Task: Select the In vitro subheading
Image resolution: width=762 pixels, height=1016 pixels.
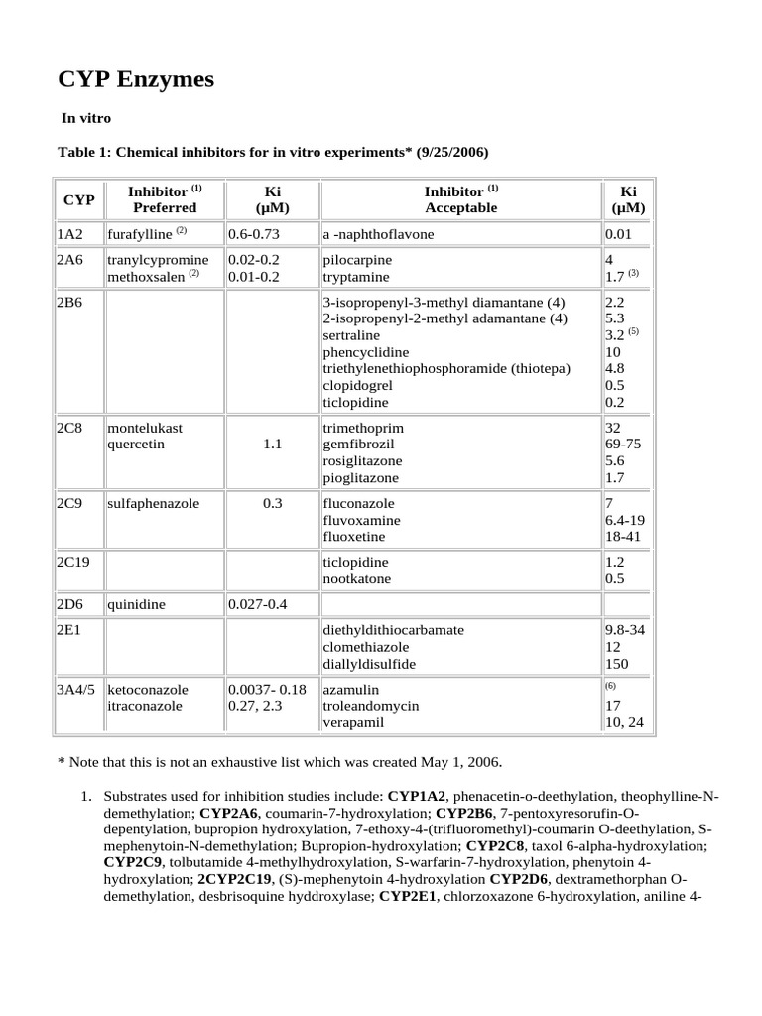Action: (x=86, y=118)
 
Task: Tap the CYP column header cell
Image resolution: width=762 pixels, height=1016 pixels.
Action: (x=78, y=199)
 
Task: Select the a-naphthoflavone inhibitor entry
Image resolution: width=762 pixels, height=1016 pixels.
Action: (x=378, y=234)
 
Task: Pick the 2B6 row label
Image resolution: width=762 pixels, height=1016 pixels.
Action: (x=69, y=302)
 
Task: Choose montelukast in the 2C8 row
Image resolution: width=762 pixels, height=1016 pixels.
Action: (x=145, y=428)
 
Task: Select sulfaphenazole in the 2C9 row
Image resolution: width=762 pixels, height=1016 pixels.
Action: (x=153, y=503)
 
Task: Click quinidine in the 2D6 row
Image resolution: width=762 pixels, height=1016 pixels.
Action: (x=136, y=604)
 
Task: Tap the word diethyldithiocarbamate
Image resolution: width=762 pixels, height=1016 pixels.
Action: (x=394, y=630)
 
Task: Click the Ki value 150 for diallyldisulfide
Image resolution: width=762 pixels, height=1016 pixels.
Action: (x=616, y=664)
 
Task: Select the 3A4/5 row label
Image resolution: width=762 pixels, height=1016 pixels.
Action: (x=78, y=689)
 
